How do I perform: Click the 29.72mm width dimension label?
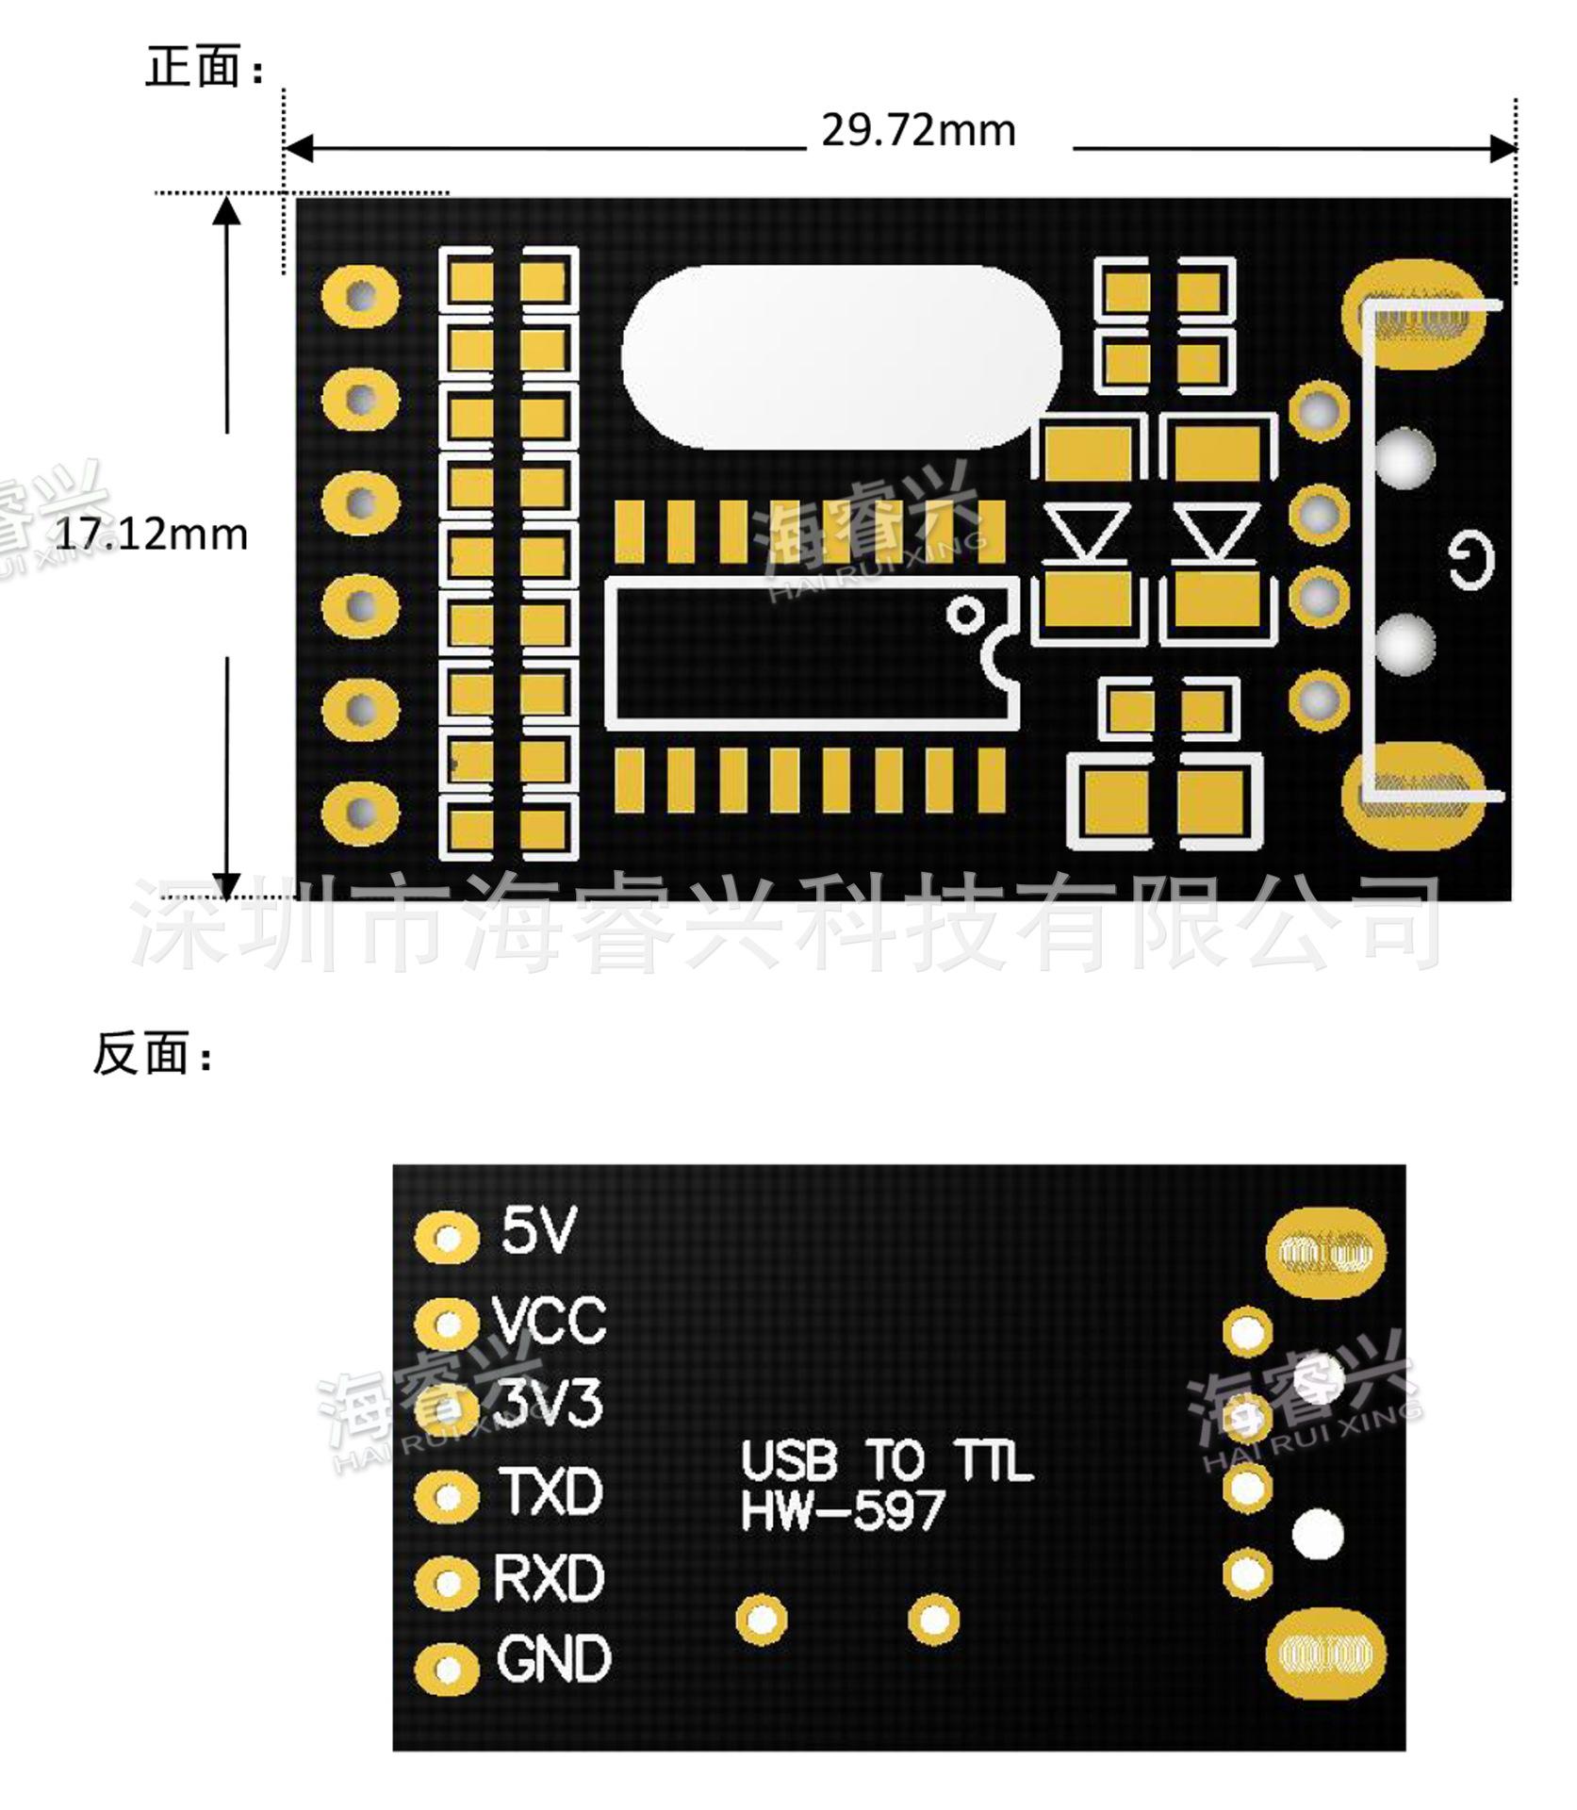918,130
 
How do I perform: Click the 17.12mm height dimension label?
152,535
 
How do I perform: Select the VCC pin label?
550,1320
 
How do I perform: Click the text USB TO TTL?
886,1462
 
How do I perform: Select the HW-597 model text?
843,1512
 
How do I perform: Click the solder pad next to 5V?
446,1236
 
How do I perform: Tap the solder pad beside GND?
446,1668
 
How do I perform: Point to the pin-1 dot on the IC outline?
965,616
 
